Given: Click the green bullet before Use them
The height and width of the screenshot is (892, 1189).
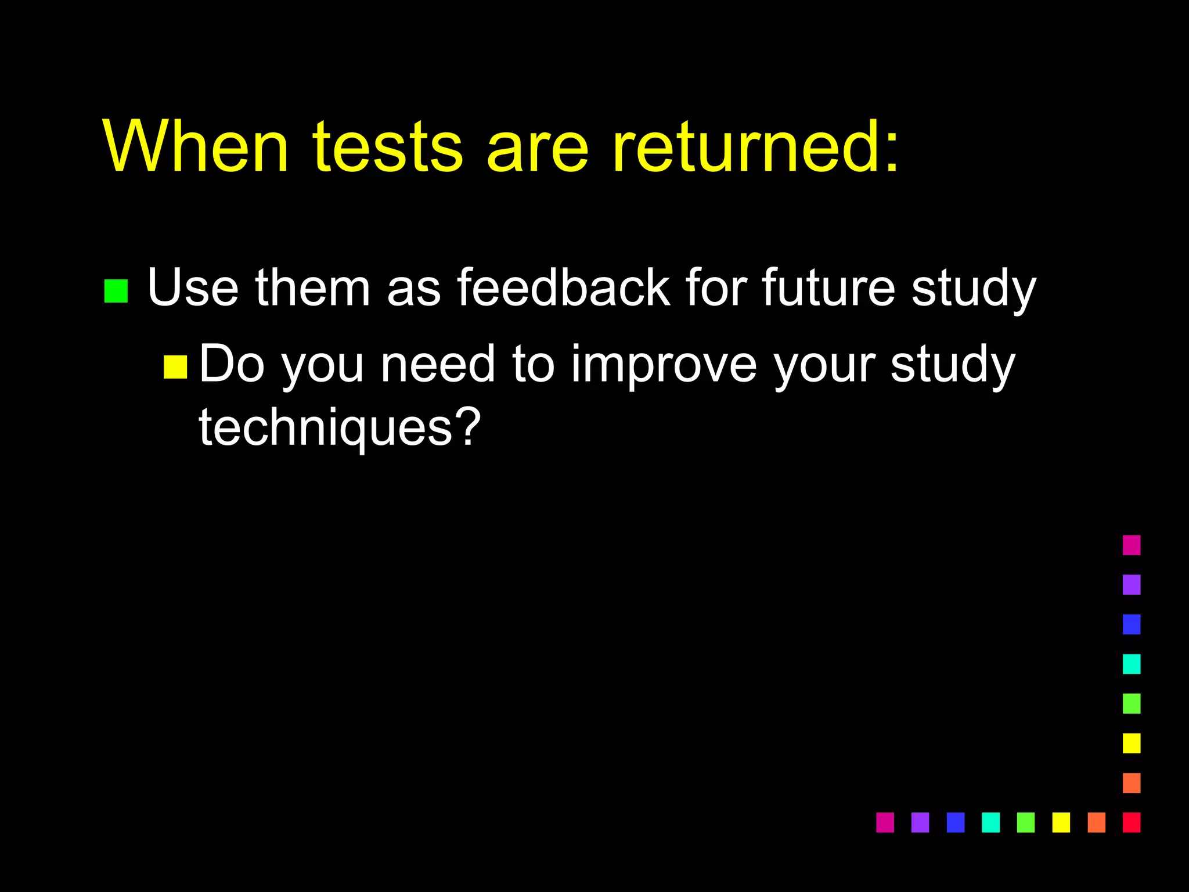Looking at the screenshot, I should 116,291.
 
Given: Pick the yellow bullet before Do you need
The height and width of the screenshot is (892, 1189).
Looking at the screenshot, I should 175,367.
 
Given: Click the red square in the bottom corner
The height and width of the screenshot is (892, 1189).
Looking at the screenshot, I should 1132,822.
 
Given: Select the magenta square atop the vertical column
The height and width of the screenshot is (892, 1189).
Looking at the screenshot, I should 1132,545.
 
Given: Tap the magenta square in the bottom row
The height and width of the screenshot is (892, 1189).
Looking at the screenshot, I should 885,822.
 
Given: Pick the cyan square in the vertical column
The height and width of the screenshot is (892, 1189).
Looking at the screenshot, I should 1132,664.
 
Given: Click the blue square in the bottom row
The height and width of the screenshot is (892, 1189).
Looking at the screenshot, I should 955,822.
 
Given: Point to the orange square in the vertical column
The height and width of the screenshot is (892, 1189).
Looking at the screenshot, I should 1132,783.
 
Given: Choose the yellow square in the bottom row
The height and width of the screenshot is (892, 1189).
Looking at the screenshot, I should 1061,822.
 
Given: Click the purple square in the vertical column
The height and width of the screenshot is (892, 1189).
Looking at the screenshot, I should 1132,585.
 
